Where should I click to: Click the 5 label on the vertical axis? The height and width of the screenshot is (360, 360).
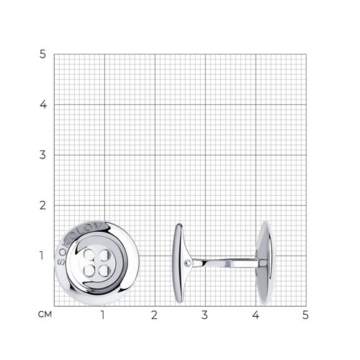(42, 54)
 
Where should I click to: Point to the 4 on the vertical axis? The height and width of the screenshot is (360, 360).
(43, 104)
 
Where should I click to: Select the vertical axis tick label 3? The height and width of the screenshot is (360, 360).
(42, 155)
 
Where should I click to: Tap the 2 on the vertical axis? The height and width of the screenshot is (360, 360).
(42, 205)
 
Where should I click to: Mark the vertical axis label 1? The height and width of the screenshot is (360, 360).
(42, 256)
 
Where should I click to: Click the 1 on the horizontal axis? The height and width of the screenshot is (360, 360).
(103, 315)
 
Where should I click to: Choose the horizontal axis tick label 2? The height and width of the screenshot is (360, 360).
(154, 315)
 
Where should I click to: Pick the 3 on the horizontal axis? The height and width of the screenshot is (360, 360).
(204, 315)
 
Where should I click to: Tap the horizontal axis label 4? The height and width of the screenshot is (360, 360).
(256, 315)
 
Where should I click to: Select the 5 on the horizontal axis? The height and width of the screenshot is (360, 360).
(305, 315)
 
